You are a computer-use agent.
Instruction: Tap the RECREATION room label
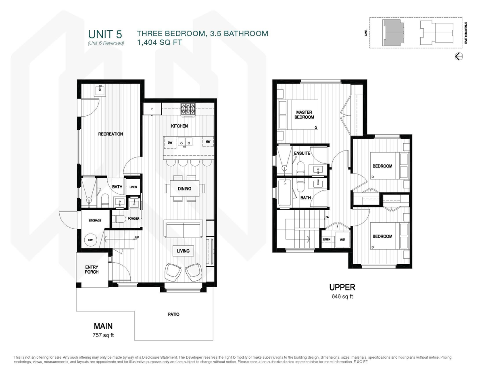[111, 134]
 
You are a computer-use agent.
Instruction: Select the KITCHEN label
[179, 126]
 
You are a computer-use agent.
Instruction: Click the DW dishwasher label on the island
[170, 142]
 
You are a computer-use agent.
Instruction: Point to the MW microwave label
[208, 142]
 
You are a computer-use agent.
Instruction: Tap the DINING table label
[184, 188]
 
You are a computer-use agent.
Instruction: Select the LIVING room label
[183, 251]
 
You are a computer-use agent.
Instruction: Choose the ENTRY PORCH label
[92, 269]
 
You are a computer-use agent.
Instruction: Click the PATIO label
[174, 314]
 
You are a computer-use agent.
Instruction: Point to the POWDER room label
[134, 219]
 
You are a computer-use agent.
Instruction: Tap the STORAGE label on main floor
[95, 220]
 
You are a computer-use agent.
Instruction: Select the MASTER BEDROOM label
[305, 115]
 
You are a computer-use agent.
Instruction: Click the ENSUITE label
[302, 153]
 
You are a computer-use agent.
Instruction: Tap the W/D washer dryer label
[342, 239]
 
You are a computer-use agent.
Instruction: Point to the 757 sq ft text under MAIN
[103, 335]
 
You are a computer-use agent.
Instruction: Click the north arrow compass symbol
[459, 56]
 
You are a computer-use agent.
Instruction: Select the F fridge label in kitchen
[152, 109]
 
